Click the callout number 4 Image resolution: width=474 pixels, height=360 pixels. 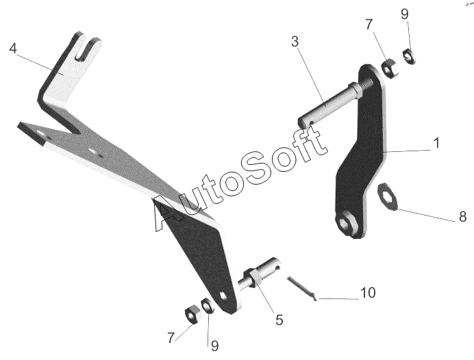pyautogui.click(x=13, y=49)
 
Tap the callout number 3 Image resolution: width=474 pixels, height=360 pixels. pyautogui.click(x=295, y=42)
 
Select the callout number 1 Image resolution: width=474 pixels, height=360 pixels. pyautogui.click(x=436, y=144)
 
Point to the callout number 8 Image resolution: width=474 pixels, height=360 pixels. pyautogui.click(x=463, y=218)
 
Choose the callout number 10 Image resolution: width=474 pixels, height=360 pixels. pyautogui.click(x=368, y=293)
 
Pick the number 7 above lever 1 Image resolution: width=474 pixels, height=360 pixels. pyautogui.click(x=369, y=25)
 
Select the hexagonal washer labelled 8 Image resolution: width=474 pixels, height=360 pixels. pyautogui.click(x=388, y=197)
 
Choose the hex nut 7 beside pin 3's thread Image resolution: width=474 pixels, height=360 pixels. pyautogui.click(x=386, y=67)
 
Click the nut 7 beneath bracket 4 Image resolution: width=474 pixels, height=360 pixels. pyautogui.click(x=192, y=313)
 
